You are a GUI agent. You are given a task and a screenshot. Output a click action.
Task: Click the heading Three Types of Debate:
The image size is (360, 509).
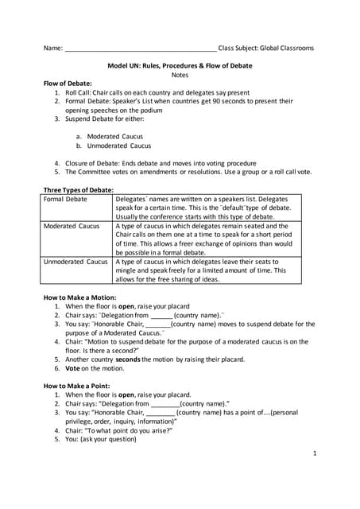point(78,189)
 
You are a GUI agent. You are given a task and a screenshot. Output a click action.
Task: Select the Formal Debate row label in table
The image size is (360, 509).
point(65,199)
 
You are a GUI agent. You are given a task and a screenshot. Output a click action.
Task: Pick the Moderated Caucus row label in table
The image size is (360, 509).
point(72,226)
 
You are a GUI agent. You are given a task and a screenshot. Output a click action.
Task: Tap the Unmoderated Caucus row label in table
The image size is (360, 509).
point(75,261)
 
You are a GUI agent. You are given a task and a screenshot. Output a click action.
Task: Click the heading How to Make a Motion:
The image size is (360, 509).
point(82,297)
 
